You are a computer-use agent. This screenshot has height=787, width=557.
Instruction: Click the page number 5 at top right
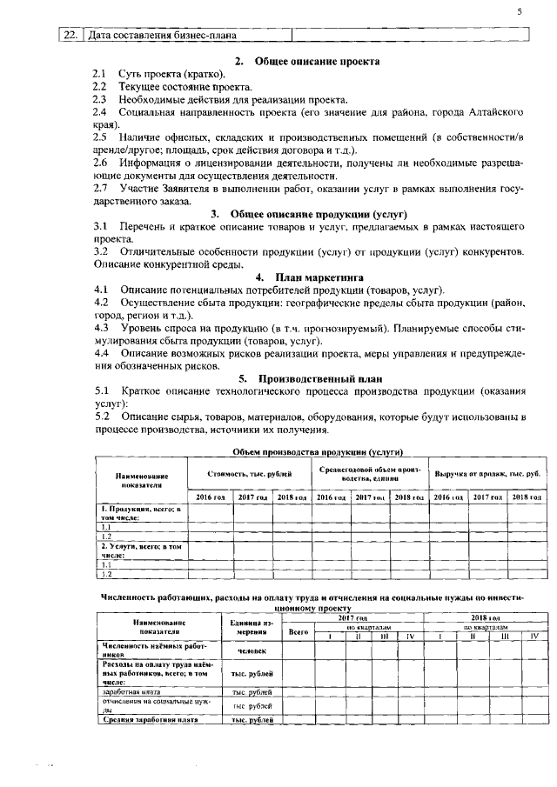519,10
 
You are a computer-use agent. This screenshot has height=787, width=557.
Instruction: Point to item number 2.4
100,113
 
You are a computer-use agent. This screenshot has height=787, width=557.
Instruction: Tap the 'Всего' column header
299,632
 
